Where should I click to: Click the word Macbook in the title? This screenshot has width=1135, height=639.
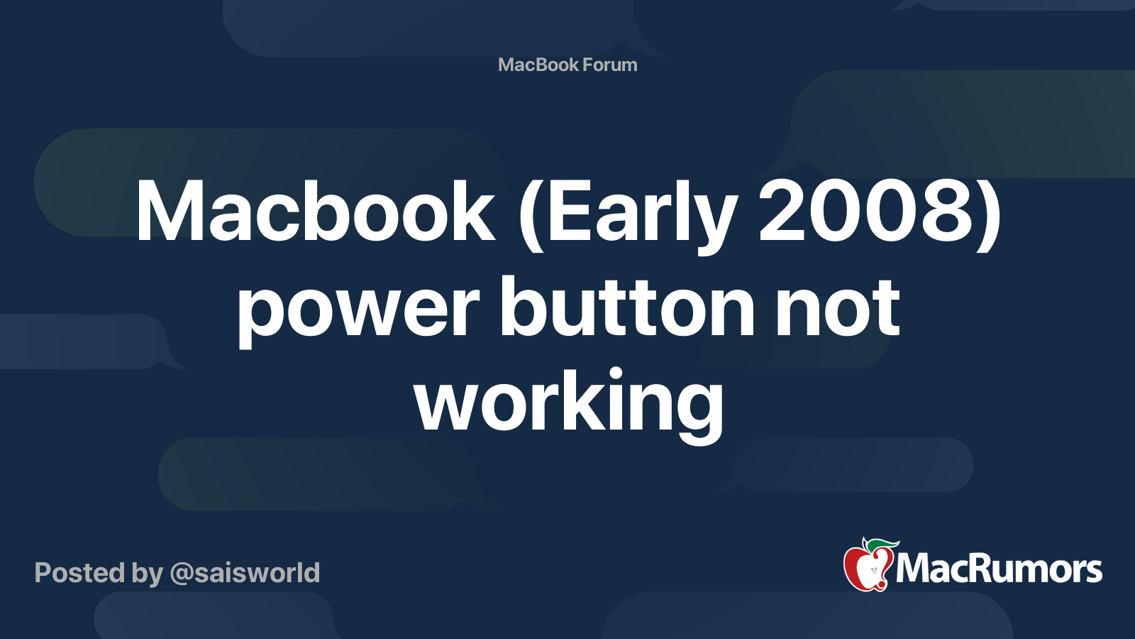point(315,210)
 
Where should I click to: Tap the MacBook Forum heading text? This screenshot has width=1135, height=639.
point(567,65)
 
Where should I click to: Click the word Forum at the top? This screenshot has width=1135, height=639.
point(609,65)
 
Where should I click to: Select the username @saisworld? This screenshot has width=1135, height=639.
point(245,573)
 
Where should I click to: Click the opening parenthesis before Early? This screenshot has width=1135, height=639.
point(530,216)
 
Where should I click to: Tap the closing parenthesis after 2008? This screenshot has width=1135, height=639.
point(990,216)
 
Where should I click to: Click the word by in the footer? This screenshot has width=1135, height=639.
point(148,574)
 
